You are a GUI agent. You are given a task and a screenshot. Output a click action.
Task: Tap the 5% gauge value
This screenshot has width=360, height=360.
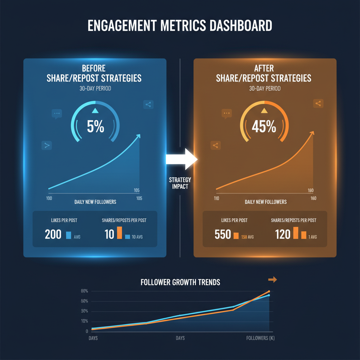(96, 127)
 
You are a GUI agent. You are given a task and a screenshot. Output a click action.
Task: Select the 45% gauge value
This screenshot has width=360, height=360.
(264, 127)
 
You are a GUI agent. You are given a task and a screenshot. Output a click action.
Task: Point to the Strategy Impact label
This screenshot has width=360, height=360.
(180, 183)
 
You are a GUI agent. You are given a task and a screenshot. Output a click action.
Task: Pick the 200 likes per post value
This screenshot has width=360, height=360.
(53, 234)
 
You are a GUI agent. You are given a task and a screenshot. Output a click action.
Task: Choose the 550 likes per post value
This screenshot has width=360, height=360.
(223, 234)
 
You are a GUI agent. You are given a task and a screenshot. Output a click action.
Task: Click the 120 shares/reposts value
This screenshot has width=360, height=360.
(283, 234)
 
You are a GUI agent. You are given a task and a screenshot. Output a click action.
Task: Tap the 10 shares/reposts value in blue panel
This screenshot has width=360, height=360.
(109, 234)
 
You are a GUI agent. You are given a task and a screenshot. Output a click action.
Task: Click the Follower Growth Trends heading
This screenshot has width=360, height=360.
(180, 282)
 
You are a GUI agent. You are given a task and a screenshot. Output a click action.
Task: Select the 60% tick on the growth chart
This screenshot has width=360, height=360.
(84, 291)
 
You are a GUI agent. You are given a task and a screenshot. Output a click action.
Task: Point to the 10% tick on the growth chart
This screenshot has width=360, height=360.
(84, 321)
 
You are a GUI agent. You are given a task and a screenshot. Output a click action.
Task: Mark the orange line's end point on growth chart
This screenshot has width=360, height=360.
(269, 291)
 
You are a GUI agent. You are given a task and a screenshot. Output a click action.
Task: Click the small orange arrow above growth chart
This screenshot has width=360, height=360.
(272, 279)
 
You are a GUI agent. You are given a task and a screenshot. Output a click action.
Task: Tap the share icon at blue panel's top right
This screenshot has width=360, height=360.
(148, 104)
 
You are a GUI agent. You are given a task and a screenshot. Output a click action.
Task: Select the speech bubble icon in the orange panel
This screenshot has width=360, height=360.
(227, 114)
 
